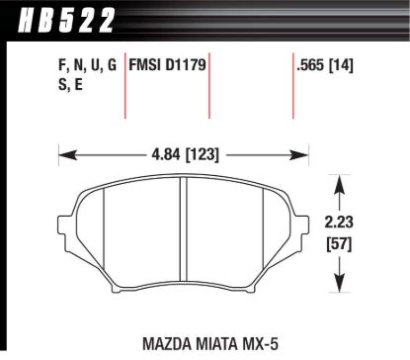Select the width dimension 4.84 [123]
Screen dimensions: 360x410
point(183,153)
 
